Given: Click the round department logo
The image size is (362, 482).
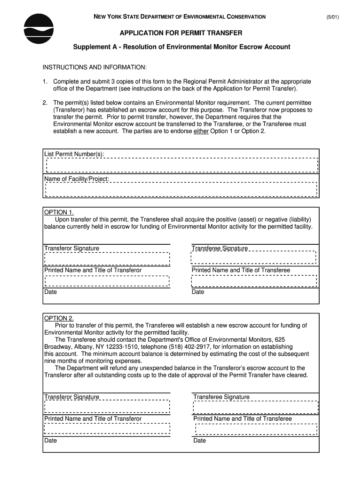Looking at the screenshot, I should click(x=39, y=29).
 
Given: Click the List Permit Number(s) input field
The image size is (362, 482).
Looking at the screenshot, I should click(x=181, y=165).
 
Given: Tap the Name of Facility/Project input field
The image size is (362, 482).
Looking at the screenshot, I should click(x=181, y=189).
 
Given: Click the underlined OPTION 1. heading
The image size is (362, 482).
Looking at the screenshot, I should click(x=59, y=212).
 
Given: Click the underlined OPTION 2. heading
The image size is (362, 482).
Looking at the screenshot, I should click(x=59, y=318).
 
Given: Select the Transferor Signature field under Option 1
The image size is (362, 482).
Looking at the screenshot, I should click(x=107, y=259).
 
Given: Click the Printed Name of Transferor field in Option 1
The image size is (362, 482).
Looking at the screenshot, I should click(x=107, y=281).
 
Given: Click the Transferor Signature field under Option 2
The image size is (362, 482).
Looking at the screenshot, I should click(x=107, y=407).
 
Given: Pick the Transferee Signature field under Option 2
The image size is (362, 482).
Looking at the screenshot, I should click(x=256, y=407).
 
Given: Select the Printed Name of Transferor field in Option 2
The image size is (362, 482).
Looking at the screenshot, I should click(x=107, y=429).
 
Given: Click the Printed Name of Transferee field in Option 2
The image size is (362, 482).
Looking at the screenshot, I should click(x=256, y=429).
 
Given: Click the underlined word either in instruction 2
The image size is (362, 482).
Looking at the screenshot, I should click(x=201, y=131).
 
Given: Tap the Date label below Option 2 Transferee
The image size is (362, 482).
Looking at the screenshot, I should click(x=199, y=441).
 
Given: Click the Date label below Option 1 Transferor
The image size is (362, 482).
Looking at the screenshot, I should click(x=50, y=292).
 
